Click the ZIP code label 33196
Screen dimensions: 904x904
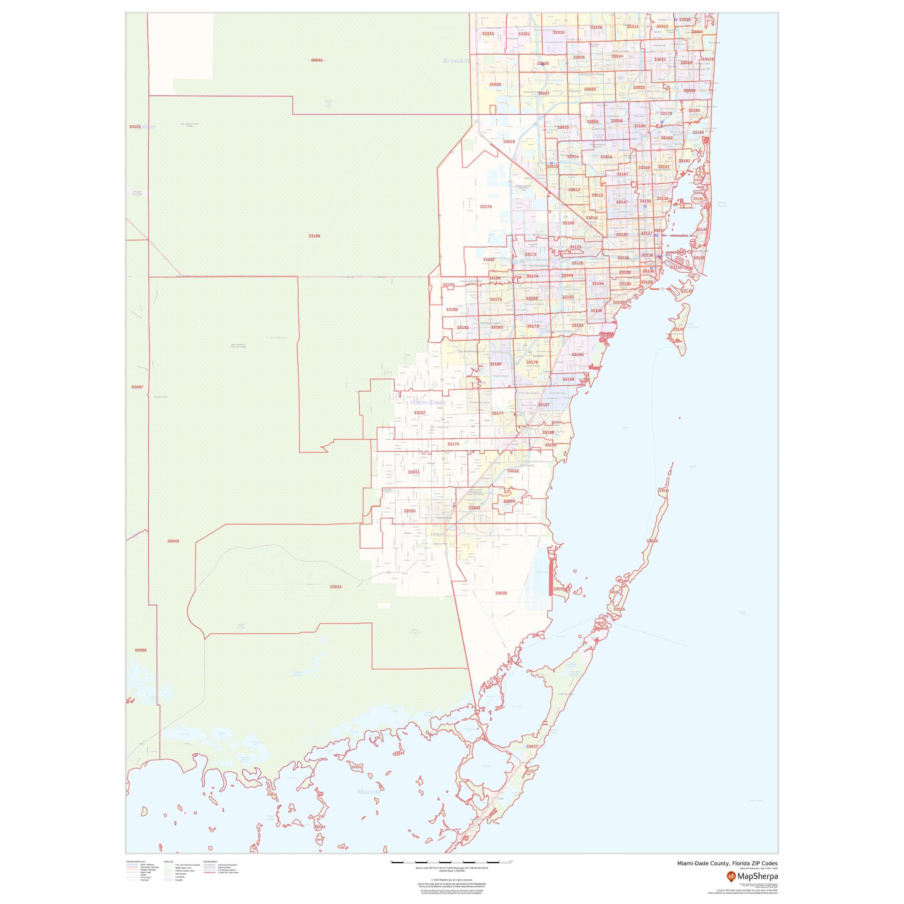click(314, 236)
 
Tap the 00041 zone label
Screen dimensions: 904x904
click(317, 60)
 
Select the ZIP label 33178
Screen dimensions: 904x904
click(486, 206)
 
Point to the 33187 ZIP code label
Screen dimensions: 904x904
click(420, 413)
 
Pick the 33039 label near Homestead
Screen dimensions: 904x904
click(509, 501)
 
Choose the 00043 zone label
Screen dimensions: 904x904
click(173, 541)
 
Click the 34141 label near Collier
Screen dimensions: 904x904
click(135, 127)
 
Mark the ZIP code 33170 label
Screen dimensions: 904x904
click(453, 444)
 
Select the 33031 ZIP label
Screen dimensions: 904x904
click(414, 472)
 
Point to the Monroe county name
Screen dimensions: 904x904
click(369, 792)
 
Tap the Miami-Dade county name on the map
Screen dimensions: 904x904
click(428, 403)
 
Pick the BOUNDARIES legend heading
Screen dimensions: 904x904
click(211, 861)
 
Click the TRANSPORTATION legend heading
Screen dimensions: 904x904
click(136, 861)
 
